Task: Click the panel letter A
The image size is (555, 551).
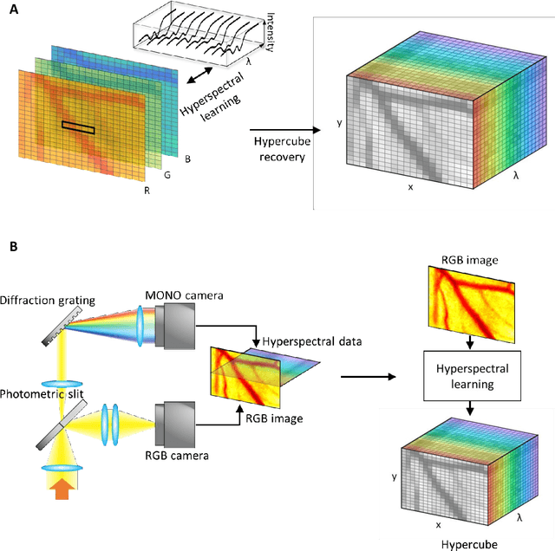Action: pyautogui.click(x=11, y=10)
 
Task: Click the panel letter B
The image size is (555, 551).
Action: pyautogui.click(x=11, y=248)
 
